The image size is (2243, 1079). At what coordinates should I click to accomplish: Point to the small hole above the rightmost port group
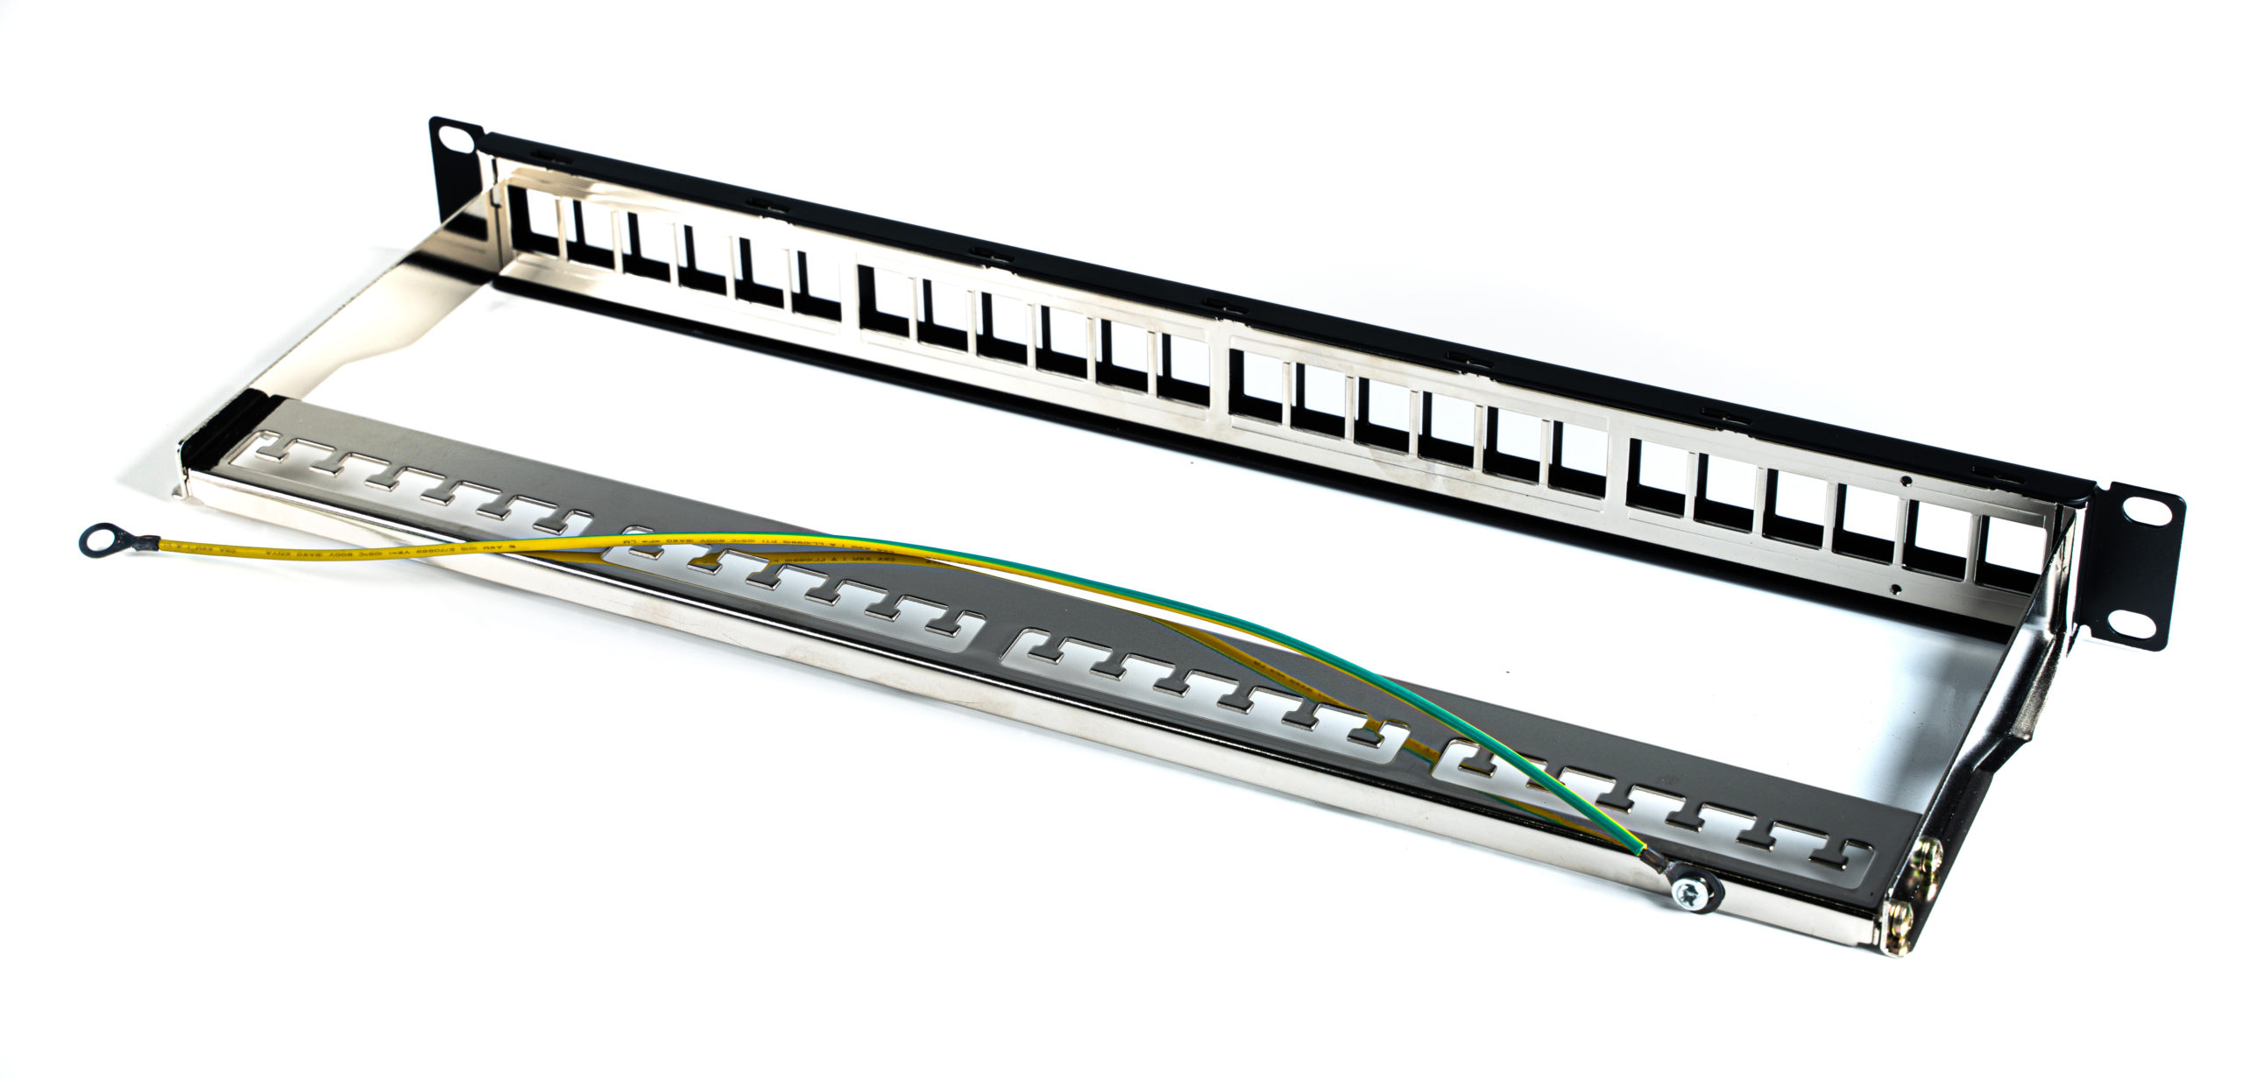1906,480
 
